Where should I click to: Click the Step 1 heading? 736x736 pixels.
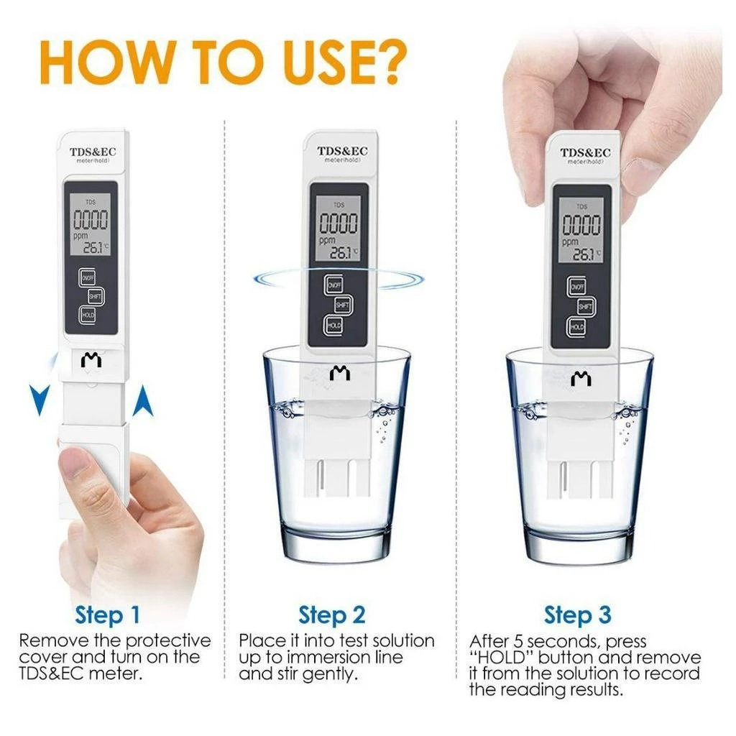tap(108, 615)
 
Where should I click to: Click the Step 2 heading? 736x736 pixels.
tap(332, 615)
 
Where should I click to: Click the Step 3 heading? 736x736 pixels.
tap(577, 615)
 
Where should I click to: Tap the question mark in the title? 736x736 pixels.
tap(385, 62)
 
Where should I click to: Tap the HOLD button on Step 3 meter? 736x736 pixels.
tap(577, 327)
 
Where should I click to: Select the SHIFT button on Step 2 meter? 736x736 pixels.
tap(343, 305)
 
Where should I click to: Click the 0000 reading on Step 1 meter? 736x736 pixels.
tap(90, 219)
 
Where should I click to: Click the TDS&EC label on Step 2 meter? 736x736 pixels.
tap(342, 151)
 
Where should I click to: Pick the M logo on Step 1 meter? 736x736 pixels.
tap(91, 360)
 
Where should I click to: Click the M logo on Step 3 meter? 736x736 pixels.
tap(581, 378)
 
